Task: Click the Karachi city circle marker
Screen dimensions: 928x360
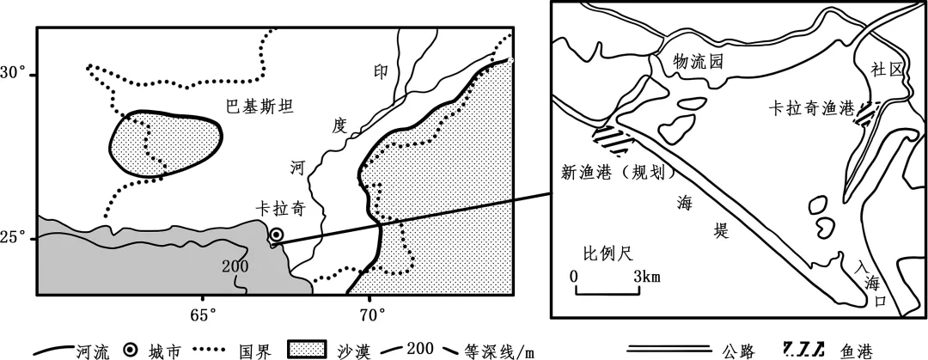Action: (277, 234)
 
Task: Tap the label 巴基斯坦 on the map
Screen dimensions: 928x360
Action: (259, 107)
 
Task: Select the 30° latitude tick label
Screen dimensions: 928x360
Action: (16, 74)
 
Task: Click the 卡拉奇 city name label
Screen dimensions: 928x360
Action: (280, 209)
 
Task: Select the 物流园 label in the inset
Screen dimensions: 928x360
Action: (694, 62)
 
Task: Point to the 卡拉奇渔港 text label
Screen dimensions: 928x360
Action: (812, 110)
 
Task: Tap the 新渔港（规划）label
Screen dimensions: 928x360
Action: (614, 173)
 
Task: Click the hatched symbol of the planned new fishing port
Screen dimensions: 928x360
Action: (611, 137)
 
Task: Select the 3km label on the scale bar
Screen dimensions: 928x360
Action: (647, 277)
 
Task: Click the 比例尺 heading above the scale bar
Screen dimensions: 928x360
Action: (607, 255)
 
